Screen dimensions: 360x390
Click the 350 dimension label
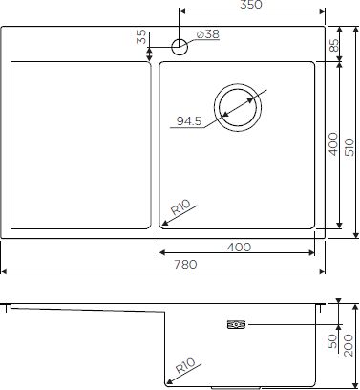[x=251, y=5]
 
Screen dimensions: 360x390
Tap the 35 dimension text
[x=141, y=36]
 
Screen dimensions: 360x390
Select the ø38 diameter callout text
[x=208, y=34]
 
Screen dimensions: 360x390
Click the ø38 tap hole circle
[x=180, y=47]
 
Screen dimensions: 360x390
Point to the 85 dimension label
[x=333, y=45]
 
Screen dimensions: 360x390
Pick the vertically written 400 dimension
[x=333, y=144]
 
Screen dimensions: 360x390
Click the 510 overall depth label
[x=349, y=147]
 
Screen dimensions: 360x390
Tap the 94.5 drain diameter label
[x=189, y=121]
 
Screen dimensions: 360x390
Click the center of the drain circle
[x=238, y=107]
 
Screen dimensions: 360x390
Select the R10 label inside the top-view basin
[x=180, y=207]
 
